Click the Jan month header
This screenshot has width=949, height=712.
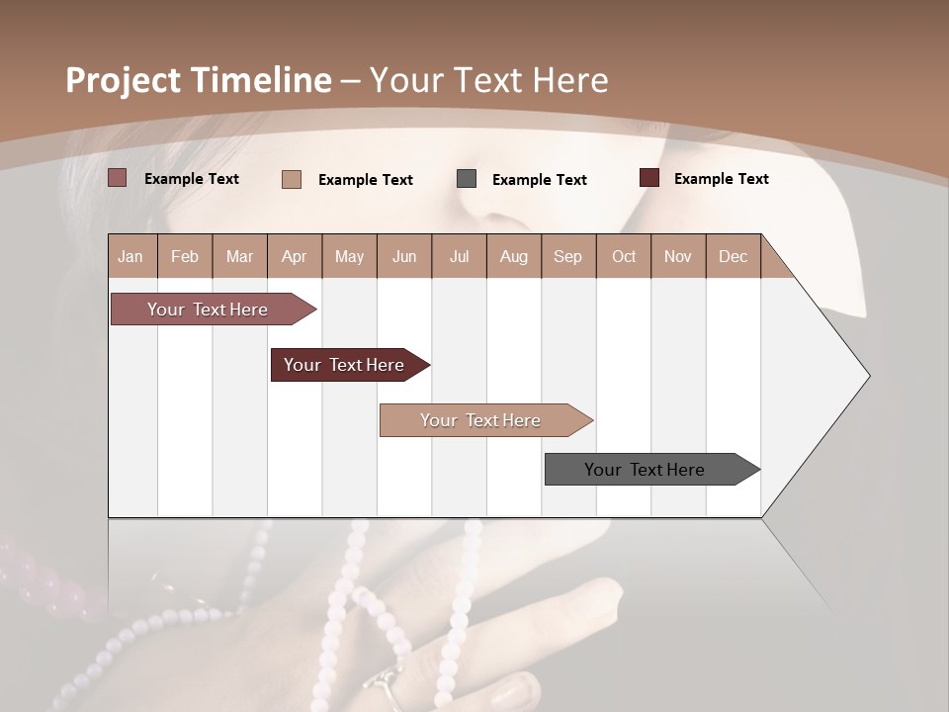click(x=131, y=256)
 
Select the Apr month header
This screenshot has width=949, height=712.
click(x=295, y=256)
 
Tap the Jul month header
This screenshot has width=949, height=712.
click(x=459, y=256)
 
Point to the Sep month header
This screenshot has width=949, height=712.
click(x=567, y=256)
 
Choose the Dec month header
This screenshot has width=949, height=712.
click(x=733, y=256)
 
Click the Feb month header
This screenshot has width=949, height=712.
click(x=185, y=256)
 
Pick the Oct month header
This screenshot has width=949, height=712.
click(x=624, y=256)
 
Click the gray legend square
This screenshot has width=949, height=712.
click(x=467, y=179)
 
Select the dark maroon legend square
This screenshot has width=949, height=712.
click(x=649, y=178)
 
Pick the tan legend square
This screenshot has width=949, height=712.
click(x=292, y=179)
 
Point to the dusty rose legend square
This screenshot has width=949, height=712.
click(x=118, y=178)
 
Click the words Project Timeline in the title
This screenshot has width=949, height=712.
click(x=198, y=80)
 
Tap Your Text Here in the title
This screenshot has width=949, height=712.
click(x=488, y=80)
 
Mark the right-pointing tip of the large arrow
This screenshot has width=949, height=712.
click(x=868, y=376)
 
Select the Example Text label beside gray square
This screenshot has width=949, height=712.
click(x=540, y=180)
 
